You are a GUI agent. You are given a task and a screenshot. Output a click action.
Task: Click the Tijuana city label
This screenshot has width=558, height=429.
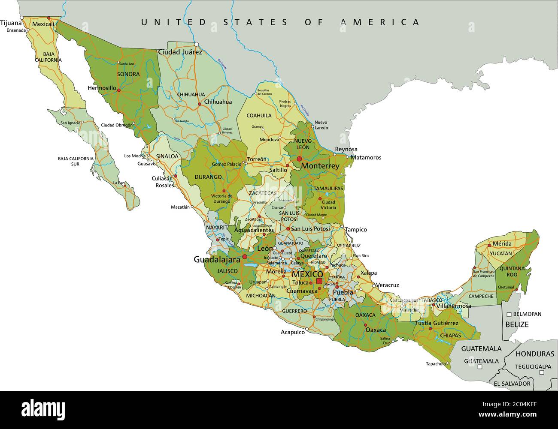pyautogui.click(x=11, y=23)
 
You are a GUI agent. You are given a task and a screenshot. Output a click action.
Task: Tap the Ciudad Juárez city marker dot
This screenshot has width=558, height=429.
pyautogui.click(x=196, y=44)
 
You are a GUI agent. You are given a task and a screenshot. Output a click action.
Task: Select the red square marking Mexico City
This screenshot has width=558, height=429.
pyautogui.click(x=319, y=281)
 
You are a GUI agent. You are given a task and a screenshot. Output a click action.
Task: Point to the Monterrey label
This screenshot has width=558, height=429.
pyautogui.click(x=320, y=165)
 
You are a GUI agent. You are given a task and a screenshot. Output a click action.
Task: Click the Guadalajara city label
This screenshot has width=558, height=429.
pyautogui.click(x=216, y=259)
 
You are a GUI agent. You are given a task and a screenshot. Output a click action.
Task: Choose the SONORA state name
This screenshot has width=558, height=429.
pyautogui.click(x=128, y=74)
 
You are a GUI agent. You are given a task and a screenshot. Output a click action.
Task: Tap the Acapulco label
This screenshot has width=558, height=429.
pyautogui.click(x=292, y=332)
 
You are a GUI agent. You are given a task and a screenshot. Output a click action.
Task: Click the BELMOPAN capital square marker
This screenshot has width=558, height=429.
pyautogui.click(x=509, y=314)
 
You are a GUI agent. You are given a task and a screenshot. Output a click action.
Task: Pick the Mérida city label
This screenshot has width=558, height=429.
pyautogui.click(x=502, y=243)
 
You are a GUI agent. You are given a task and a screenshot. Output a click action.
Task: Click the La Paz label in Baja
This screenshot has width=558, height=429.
pyautogui.click(x=118, y=183)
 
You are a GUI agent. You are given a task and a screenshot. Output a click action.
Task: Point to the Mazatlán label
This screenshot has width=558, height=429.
pyautogui.click(x=180, y=207)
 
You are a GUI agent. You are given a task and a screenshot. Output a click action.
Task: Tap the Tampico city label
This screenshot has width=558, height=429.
pyautogui.click(x=356, y=229)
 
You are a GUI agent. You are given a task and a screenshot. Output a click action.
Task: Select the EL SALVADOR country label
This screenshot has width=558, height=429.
pyautogui.click(x=512, y=384)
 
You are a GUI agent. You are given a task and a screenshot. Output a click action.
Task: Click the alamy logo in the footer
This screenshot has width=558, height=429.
pyautogui.click(x=36, y=409)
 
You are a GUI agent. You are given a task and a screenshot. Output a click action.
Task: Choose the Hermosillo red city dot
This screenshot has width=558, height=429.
pyautogui.click(x=118, y=90)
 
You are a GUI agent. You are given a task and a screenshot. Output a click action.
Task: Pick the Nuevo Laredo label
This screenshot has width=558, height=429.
pyautogui.click(x=321, y=125)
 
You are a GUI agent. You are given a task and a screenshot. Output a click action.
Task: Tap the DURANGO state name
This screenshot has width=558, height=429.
pyautogui.click(x=208, y=177)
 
